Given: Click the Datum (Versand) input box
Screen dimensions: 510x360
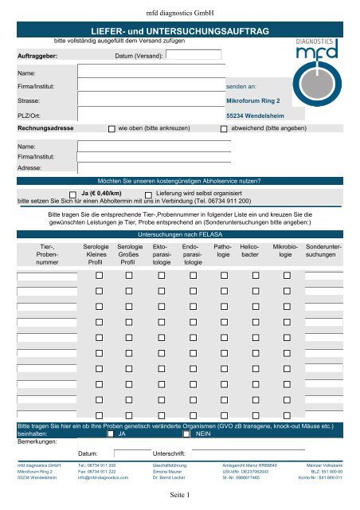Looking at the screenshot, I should (194, 56).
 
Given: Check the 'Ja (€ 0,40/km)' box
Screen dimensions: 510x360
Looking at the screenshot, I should (73, 194).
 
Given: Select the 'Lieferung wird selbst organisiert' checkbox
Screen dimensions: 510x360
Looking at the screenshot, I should (149, 194).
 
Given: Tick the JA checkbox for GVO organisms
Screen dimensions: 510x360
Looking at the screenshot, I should (111, 435).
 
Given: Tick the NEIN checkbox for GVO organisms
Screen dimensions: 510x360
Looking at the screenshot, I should (186, 435).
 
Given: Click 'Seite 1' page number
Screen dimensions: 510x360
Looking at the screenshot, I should (179, 496).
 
